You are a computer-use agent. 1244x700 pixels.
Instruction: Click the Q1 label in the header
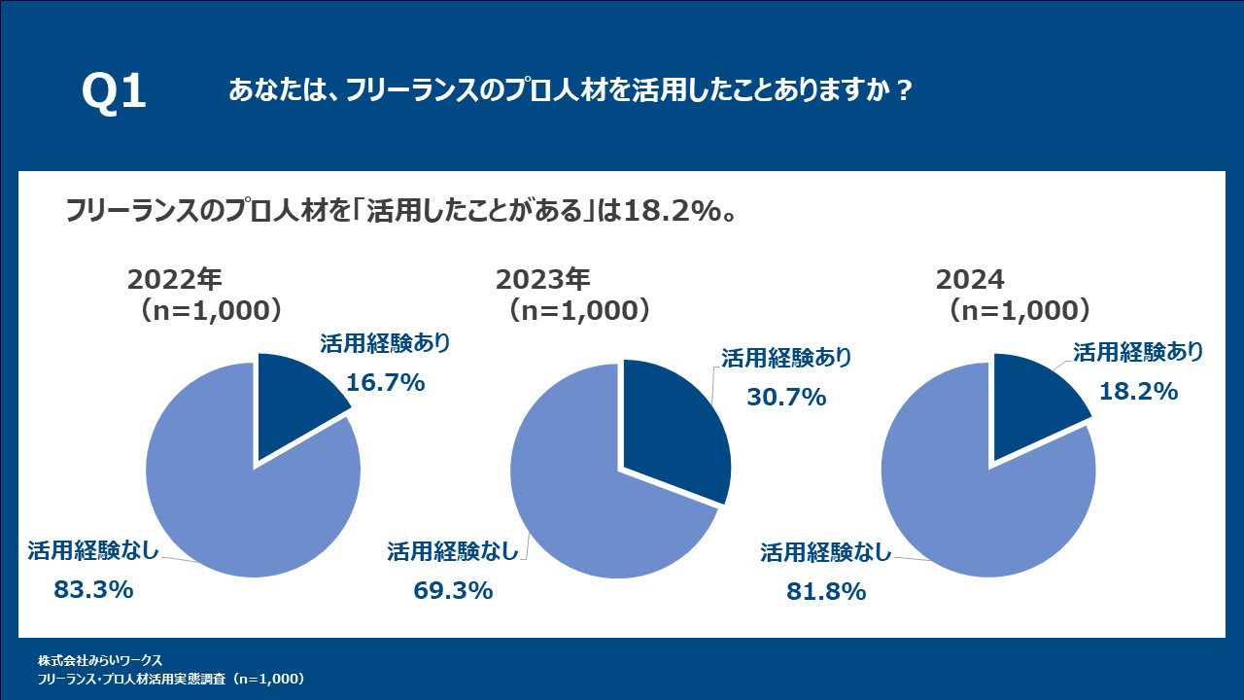click(114, 92)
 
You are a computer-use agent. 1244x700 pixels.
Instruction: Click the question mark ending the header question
click(904, 91)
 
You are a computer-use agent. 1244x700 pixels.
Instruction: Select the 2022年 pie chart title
click(176, 280)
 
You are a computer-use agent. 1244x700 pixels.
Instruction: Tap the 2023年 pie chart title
click(543, 280)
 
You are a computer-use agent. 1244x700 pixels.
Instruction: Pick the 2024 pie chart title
click(970, 280)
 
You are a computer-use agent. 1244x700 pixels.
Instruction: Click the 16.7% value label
click(386, 383)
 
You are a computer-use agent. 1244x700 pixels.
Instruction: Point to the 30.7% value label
click(786, 397)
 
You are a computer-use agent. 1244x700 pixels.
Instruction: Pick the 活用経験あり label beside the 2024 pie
click(1138, 351)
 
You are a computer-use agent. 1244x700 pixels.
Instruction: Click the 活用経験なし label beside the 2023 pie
click(453, 551)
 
